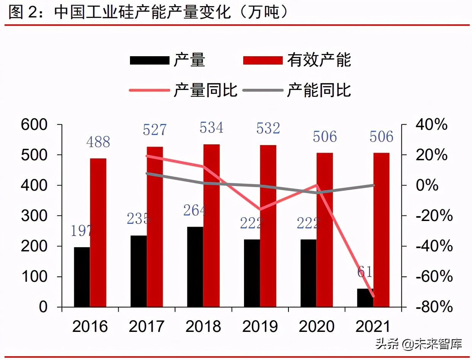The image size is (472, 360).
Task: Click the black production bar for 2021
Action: [365, 298]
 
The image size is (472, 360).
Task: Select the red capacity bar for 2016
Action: [98, 232]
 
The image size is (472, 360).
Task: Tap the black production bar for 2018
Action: [195, 267]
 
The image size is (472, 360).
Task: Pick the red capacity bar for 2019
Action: [268, 226]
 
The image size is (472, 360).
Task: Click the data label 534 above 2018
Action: [211, 128]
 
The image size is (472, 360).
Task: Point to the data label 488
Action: [98, 142]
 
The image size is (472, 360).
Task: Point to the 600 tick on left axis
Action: [35, 125]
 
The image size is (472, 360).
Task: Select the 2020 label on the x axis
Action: [317, 327]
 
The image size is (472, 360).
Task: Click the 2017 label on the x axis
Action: [146, 327]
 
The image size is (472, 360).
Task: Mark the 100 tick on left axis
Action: [35, 277]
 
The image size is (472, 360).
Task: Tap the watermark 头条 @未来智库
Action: [419, 344]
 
